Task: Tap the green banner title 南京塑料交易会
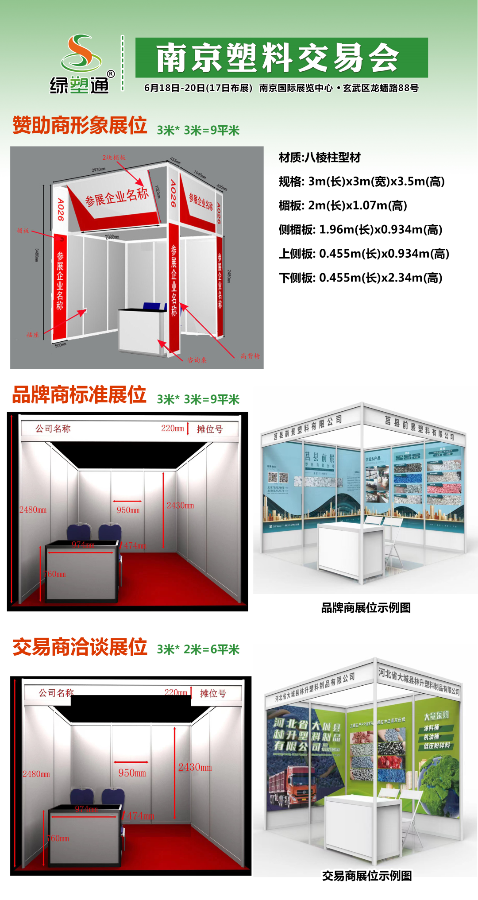tap(278, 58)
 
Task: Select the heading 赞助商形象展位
tap(80, 125)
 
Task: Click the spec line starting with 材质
tap(320, 158)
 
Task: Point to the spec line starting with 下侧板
tap(360, 278)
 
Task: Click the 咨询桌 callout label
tap(197, 360)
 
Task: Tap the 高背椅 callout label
tap(251, 356)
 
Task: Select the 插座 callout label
tap(33, 335)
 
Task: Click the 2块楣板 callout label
tap(114, 158)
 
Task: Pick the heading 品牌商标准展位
tap(79, 394)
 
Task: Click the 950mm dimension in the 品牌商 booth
tap(128, 510)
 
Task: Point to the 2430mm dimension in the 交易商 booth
tap(195, 767)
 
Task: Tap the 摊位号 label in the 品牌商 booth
tap(210, 429)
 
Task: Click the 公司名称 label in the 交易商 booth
tap(56, 693)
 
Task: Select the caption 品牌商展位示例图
tap(366, 608)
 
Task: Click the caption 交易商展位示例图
tap(366, 876)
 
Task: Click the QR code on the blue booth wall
tap(278, 478)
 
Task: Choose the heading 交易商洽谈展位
tap(80, 647)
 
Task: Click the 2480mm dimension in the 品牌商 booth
tap(33, 510)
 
